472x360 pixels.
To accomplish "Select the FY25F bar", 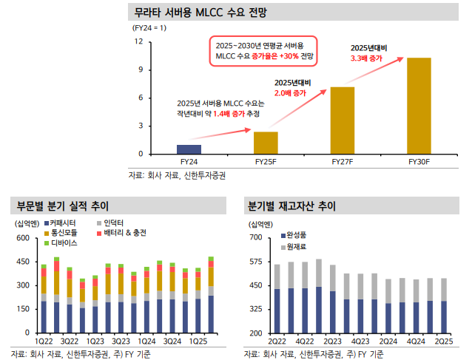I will tap(266, 143).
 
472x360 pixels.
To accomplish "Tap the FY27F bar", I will tap(342, 120).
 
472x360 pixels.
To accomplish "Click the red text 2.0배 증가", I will tap(290, 94).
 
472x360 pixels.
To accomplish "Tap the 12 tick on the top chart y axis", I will tap(139, 42).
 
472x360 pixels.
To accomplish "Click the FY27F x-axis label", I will tap(342, 160).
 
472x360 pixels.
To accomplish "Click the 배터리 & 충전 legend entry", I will tap(125, 233).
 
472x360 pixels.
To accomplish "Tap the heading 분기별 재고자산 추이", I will tap(291, 205).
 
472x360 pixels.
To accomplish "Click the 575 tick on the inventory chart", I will tap(256, 262).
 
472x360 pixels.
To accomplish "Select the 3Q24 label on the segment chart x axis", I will tap(172, 341).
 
